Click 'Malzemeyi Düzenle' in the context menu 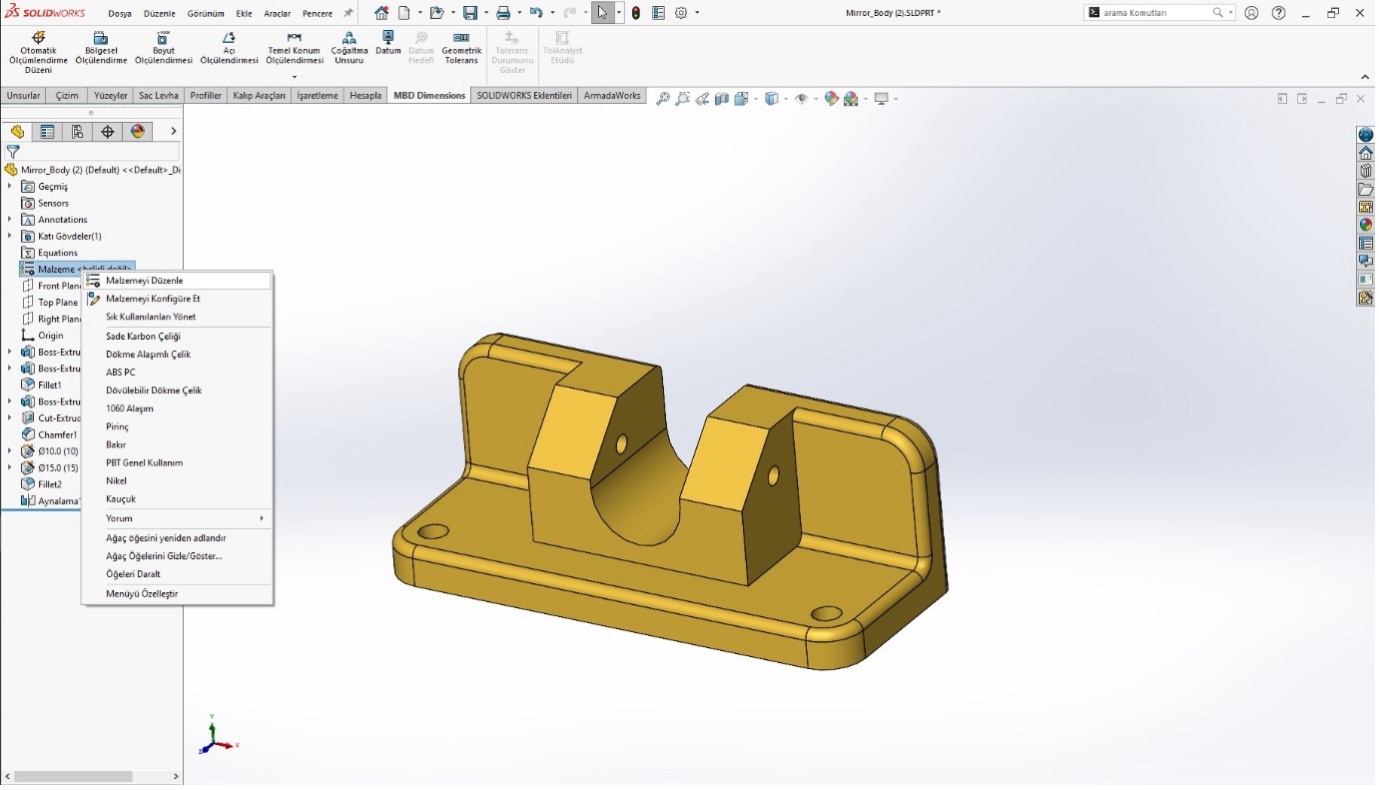tap(144, 281)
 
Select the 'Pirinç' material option tap(117, 426)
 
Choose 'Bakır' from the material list tap(116, 444)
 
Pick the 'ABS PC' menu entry tap(120, 373)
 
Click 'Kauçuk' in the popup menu tap(120, 498)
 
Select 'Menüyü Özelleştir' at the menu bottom tap(141, 593)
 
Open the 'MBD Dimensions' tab tap(429, 96)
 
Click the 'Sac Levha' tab tap(158, 96)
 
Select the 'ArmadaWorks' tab tap(612, 96)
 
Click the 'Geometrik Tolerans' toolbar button tap(461, 48)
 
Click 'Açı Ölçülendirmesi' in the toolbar tap(229, 48)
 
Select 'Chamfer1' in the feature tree tap(57, 434)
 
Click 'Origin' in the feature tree tap(50, 336)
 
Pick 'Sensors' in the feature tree tap(53, 203)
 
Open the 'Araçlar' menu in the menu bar tap(277, 14)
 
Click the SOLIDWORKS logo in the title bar tap(45, 13)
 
